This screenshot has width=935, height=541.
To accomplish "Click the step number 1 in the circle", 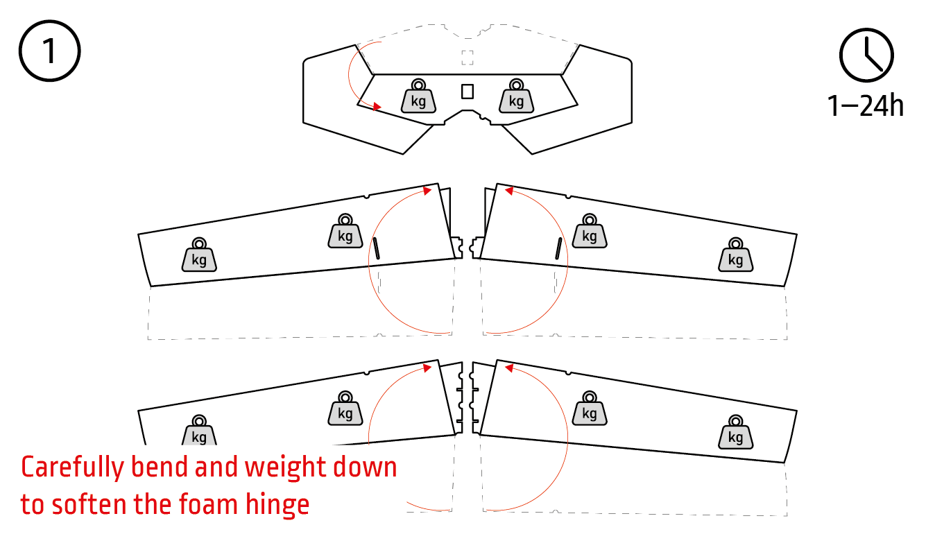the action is click(x=50, y=51).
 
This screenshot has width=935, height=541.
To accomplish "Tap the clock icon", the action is click(x=866, y=55).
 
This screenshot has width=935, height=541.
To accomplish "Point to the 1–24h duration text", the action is click(x=866, y=106).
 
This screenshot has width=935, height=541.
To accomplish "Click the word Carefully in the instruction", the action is click(x=73, y=468).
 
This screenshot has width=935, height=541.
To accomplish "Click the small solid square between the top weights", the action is click(x=468, y=92).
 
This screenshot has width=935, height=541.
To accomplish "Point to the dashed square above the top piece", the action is click(x=468, y=58).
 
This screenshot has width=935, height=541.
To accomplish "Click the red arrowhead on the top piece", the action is click(x=377, y=106).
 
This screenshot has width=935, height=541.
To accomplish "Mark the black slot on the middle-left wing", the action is click(x=376, y=248).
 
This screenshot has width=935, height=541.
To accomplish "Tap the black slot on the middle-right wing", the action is click(x=558, y=248).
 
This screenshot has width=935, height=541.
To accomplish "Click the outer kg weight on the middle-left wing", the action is click(x=199, y=255).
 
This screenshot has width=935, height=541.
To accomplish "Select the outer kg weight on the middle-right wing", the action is click(x=735, y=255).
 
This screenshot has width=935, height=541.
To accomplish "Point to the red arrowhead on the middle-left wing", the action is click(x=427, y=191).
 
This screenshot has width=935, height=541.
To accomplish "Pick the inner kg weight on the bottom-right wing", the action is click(x=590, y=409).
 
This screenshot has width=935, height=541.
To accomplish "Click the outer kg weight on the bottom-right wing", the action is click(x=735, y=432).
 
